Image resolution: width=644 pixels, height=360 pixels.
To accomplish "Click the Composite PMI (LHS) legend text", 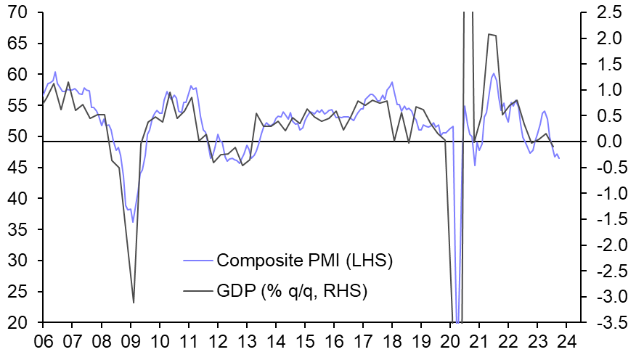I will pyautogui.click(x=305, y=260).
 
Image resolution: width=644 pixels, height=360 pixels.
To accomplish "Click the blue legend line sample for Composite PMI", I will pyautogui.click(x=197, y=260).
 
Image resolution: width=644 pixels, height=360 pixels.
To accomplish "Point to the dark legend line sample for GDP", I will pyautogui.click(x=197, y=292).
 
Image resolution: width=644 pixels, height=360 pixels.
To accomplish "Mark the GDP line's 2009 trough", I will pyautogui.click(x=134, y=303).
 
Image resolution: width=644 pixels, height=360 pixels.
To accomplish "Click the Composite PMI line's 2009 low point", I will pyautogui.click(x=132, y=222).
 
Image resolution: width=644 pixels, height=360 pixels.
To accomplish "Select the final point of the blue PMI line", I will pyautogui.click(x=559, y=158).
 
